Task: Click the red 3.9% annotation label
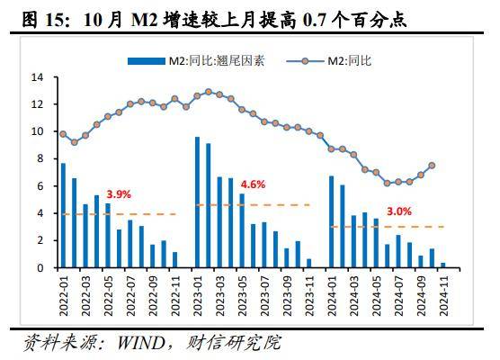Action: pos(120,193)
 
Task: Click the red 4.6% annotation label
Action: pos(254,184)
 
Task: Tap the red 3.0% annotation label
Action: pos(400,211)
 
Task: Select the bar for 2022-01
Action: pos(63,216)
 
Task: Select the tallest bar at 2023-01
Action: pos(197,202)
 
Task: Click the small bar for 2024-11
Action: pos(442,265)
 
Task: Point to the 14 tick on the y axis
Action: pos(38,77)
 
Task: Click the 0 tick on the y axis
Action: pos(40,268)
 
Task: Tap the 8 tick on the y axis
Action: pos(40,159)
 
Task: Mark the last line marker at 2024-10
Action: pos(432,166)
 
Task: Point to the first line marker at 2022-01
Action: pos(63,134)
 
